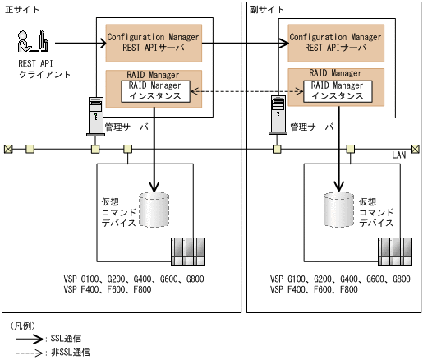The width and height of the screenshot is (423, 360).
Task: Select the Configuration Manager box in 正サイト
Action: (x=154, y=42)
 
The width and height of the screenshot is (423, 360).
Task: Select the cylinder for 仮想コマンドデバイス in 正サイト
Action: (x=154, y=210)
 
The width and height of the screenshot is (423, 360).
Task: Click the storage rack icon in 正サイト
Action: (x=187, y=250)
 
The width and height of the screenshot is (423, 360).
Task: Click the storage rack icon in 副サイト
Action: (x=394, y=250)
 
